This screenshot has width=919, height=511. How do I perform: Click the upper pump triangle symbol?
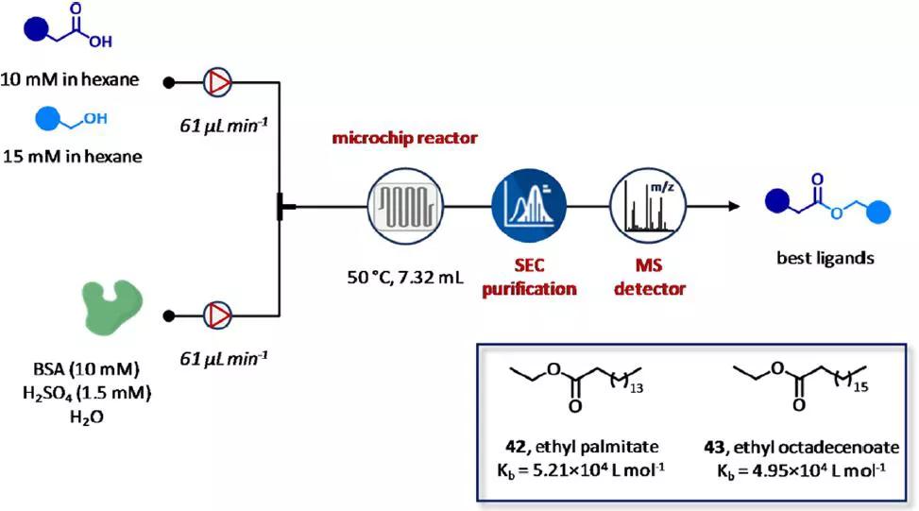click(218, 83)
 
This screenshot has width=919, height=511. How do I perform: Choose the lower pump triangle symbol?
click(218, 317)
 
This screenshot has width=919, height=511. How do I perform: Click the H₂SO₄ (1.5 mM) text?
click(86, 390)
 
